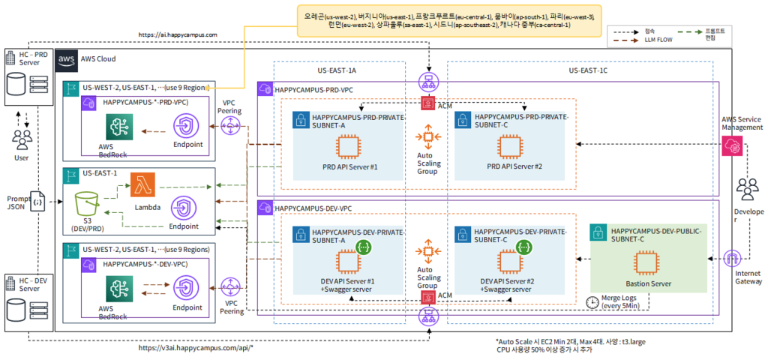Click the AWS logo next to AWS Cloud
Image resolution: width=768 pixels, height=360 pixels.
click(66, 58)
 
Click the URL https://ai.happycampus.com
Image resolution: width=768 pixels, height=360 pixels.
click(178, 34)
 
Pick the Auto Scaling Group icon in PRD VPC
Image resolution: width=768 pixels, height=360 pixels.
click(428, 136)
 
